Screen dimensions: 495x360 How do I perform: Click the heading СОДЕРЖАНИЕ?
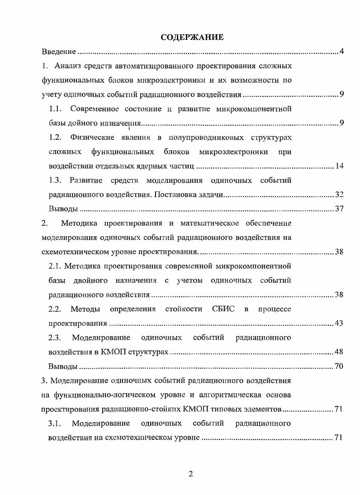tap(192, 38)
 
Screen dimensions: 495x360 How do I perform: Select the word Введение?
tap(58, 51)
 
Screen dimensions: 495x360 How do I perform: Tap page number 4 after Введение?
tap(342, 51)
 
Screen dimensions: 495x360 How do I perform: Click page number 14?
tap(340, 166)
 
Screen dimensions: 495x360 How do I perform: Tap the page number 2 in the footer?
tap(190, 474)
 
